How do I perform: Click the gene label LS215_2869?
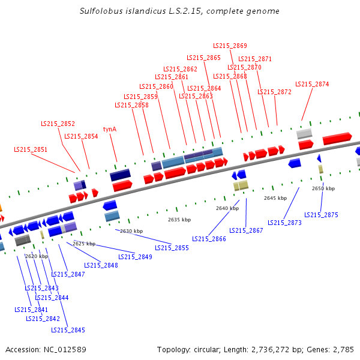coord(230,46)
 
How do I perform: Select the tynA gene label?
coord(110,129)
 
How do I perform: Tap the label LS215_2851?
coord(31,149)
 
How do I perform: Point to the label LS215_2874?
coord(312,84)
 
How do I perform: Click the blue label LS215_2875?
coord(321,215)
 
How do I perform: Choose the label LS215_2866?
coord(209,239)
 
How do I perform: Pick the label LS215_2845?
coord(68,330)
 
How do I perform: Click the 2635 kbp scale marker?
coord(179,220)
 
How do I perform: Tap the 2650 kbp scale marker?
coord(323,188)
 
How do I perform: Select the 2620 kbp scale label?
coord(36,256)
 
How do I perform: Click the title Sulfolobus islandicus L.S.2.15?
coord(179,11)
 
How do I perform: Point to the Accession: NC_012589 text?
coord(46,349)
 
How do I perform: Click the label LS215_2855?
coord(172,248)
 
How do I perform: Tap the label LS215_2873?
coord(284,223)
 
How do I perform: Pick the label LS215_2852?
coord(58,124)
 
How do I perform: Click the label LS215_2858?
coord(131,105)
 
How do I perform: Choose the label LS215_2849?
coord(135,257)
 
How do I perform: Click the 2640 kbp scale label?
coord(227,208)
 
